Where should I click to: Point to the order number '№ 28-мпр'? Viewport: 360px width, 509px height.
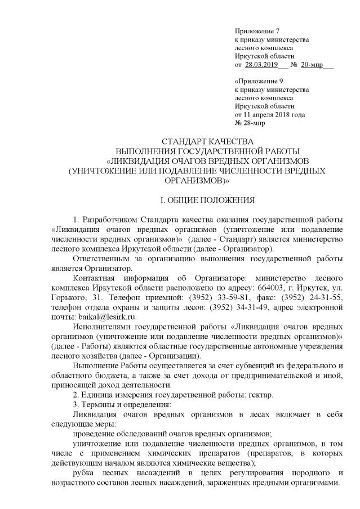coord(248,123)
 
